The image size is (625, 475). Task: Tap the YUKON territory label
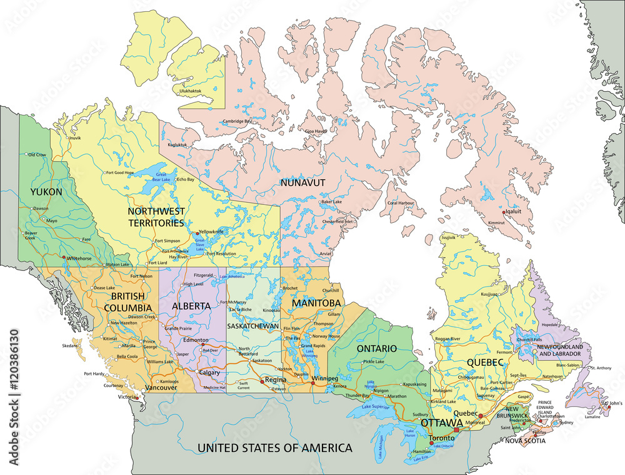coord(46,192)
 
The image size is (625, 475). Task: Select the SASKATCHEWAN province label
coord(252,326)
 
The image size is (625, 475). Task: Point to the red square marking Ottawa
coord(456,429)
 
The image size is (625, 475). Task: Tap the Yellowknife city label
coord(212,231)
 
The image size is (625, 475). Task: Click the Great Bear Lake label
coord(162,177)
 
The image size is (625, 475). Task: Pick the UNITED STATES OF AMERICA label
coord(274,448)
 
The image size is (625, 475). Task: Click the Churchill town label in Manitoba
coord(330,290)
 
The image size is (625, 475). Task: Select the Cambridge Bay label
coord(239,121)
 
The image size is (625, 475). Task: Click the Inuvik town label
coord(75,137)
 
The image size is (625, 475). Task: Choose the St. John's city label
coord(612,403)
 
